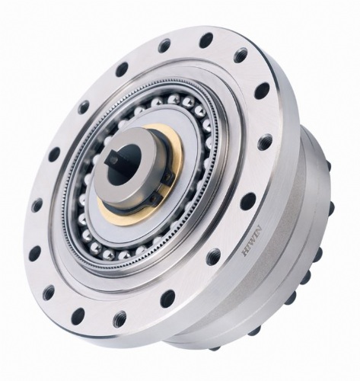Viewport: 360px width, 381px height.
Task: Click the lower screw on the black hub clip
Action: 155,197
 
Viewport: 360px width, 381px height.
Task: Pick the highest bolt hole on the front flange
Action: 206,40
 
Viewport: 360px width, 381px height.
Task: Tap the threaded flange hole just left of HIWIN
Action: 214,257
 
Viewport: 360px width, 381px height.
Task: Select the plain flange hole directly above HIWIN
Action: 248,201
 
